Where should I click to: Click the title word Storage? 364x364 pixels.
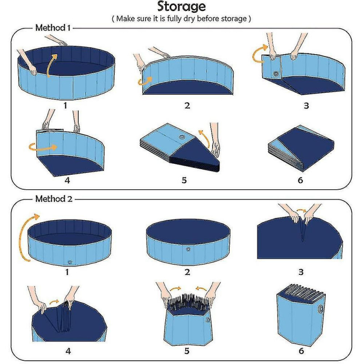(182, 7)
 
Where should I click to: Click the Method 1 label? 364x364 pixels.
(53, 28)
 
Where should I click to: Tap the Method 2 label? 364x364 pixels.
(53, 199)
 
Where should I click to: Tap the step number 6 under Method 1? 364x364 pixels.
(300, 180)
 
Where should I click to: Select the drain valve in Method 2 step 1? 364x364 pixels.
(69, 262)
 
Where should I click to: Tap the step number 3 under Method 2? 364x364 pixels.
(300, 272)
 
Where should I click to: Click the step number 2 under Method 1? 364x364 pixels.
(187, 106)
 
